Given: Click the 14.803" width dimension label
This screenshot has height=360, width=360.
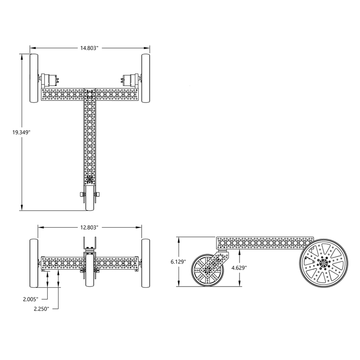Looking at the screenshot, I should (x=89, y=48).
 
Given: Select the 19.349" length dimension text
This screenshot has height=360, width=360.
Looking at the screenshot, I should (x=21, y=132).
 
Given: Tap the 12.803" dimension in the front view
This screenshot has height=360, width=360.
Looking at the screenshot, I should (x=89, y=227).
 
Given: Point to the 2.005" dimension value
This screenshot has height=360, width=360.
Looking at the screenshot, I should (x=31, y=299).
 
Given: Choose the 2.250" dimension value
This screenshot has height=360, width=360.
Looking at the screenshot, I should (x=41, y=309).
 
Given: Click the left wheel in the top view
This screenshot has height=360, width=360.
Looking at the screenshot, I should (x=34, y=78).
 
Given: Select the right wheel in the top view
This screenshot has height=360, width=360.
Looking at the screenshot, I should (x=146, y=78).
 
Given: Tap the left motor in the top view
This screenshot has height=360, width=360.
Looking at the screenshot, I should (x=50, y=79).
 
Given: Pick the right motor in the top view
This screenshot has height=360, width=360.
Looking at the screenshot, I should (x=130, y=79).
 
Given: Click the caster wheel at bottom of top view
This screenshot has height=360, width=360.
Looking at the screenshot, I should (x=90, y=199).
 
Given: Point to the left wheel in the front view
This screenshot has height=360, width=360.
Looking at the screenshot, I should (x=34, y=264).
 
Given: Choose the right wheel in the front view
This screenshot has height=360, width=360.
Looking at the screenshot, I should (x=146, y=264).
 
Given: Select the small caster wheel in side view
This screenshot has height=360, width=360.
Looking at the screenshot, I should (x=207, y=270).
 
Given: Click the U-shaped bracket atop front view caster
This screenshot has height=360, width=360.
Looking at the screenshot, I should (x=90, y=244).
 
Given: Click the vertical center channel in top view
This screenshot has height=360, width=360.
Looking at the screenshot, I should (x=90, y=137).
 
